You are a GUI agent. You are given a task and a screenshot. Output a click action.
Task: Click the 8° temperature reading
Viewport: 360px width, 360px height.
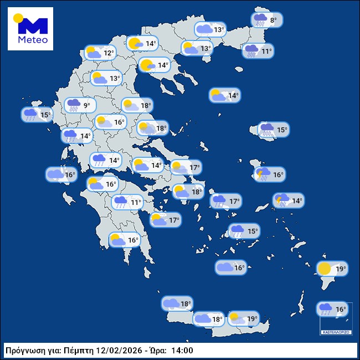274,20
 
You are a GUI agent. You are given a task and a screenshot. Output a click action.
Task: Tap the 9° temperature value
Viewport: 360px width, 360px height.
86,105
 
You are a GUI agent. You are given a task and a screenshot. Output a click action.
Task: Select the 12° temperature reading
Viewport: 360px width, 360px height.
108,53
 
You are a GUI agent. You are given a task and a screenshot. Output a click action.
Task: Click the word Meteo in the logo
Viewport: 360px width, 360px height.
33,40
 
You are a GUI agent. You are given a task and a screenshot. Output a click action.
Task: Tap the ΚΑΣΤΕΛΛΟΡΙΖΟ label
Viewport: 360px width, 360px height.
336,332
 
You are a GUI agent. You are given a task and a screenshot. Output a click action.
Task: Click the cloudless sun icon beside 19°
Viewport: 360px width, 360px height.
324,269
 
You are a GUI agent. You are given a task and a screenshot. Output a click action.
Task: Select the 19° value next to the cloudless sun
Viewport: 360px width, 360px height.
341,270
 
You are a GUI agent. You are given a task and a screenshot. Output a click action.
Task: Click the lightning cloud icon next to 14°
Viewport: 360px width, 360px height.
282,200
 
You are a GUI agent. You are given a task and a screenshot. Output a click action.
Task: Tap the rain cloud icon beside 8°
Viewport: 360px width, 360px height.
260,20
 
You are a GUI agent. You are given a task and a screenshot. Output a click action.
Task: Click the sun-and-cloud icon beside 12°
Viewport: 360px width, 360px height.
94,53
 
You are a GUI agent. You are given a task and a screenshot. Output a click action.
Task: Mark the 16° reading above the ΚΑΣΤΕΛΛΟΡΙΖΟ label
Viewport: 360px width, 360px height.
341,310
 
